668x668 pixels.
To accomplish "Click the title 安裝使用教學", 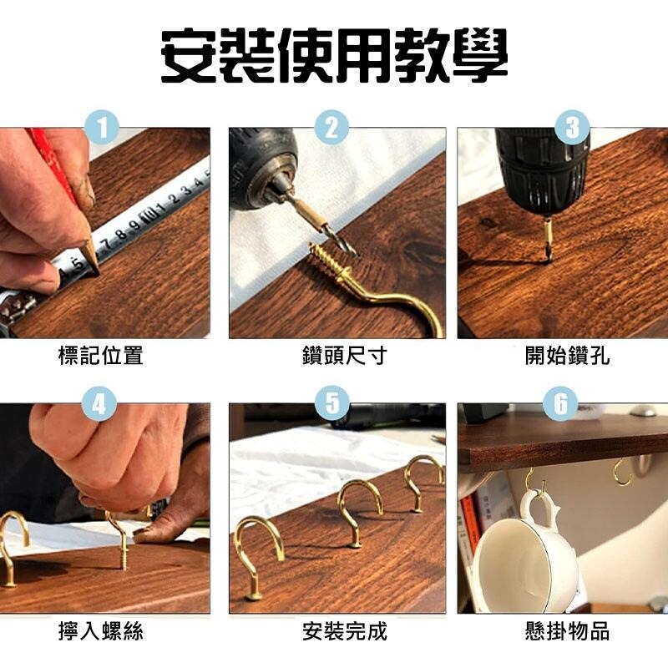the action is coord(335,56).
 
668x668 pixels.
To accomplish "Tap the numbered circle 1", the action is coord(102,128).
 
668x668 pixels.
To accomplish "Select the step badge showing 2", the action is coord(331,128).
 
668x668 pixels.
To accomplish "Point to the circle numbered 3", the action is coord(573,127).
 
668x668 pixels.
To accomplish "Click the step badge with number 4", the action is coord(99,403).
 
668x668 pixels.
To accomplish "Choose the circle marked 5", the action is coord(332,402).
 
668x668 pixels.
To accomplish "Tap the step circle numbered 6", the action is coord(560,403).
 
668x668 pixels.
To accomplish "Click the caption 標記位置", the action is coord(100,356).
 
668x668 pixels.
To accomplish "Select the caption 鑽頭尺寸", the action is coord(345,356).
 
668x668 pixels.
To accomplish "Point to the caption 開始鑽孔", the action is coord(567,356).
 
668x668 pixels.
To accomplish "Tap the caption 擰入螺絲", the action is coord(100,631).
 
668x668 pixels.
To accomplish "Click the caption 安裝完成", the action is coord(345,631).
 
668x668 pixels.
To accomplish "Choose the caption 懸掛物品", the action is coord(567,631).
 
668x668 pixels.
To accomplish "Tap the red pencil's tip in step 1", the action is coord(98,272).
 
